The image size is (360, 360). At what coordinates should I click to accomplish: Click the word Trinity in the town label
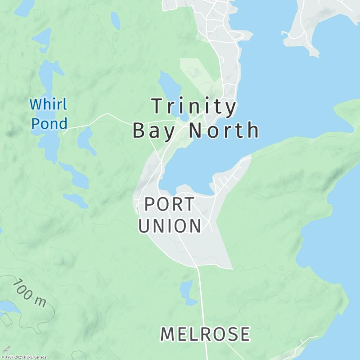pos(194,107)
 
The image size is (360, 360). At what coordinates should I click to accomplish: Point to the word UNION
pos(169,226)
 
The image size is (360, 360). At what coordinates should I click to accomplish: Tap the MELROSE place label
pos(205,334)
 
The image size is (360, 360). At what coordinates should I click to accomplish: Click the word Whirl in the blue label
pos(48,105)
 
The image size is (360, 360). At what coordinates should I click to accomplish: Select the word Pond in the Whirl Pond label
pos(49,123)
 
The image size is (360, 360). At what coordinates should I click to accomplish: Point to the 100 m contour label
pos(29,292)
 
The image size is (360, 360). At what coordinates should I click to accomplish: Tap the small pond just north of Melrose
pos(187,290)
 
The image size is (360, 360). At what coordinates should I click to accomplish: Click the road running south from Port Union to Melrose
pos(202,297)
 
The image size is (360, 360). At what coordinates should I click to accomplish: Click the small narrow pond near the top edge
pos(116,20)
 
